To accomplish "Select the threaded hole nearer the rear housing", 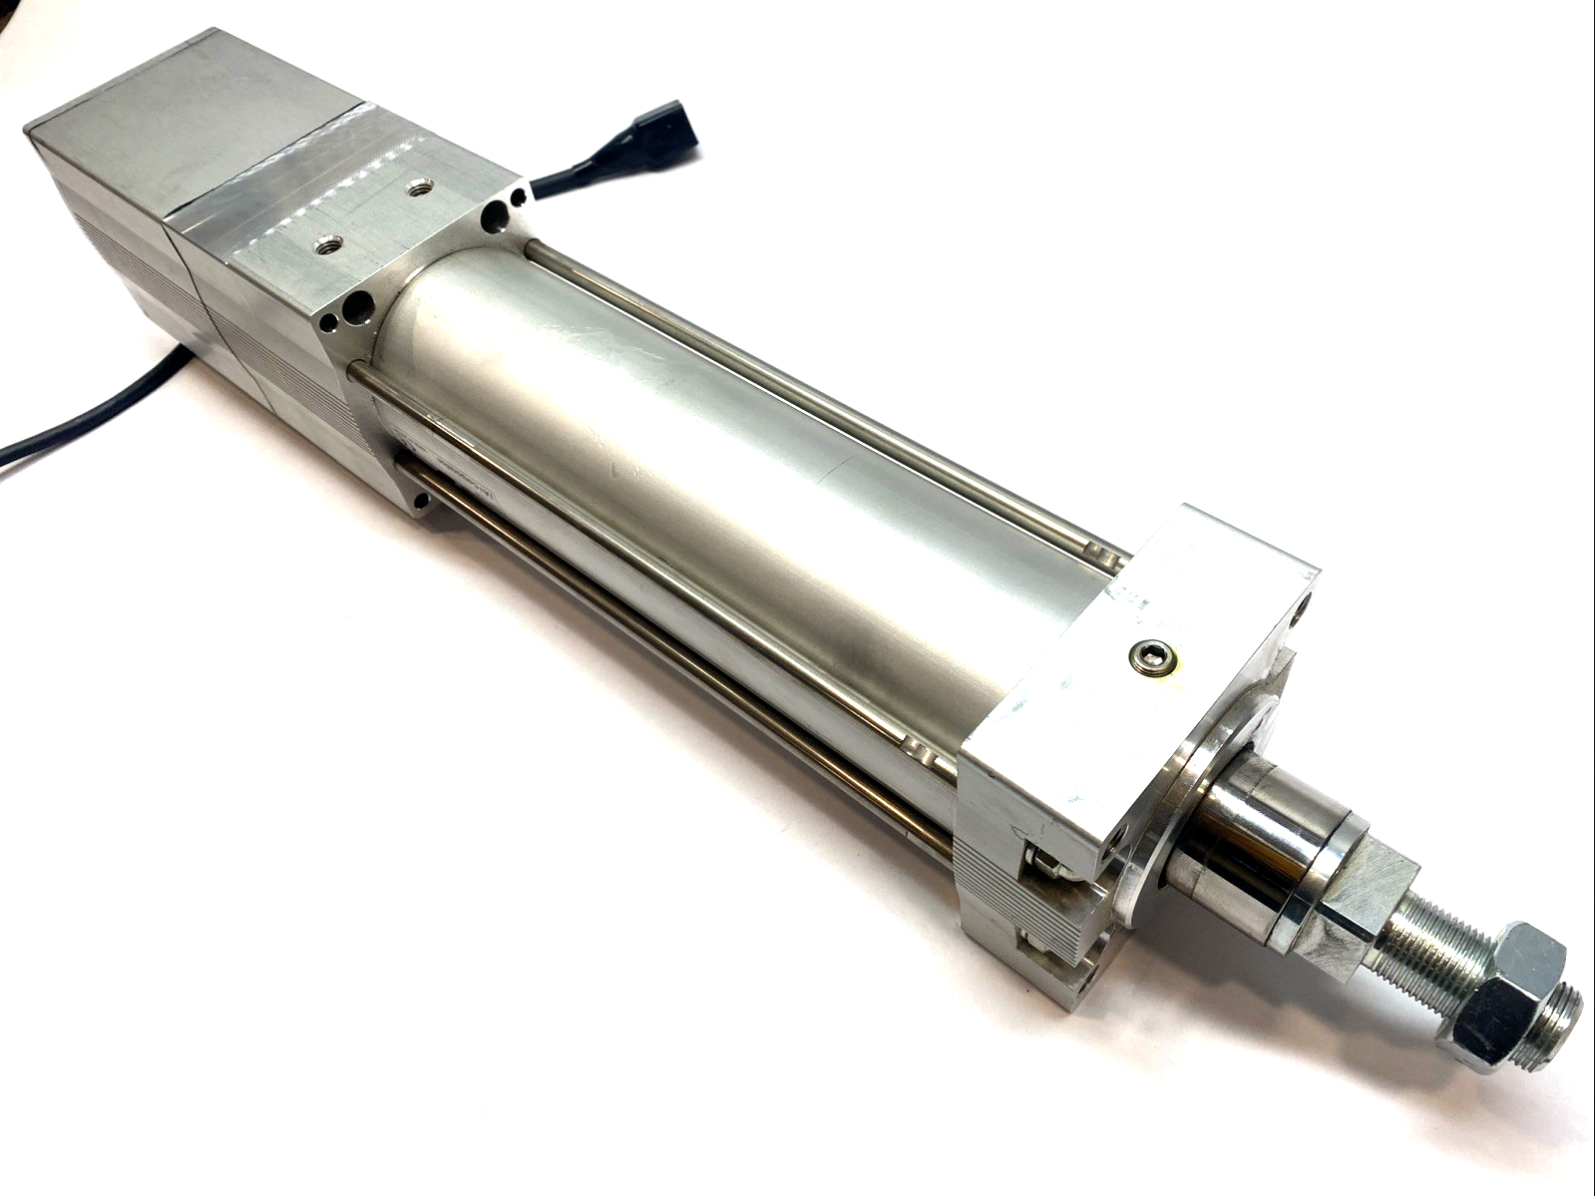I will pyautogui.click(x=326, y=242).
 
